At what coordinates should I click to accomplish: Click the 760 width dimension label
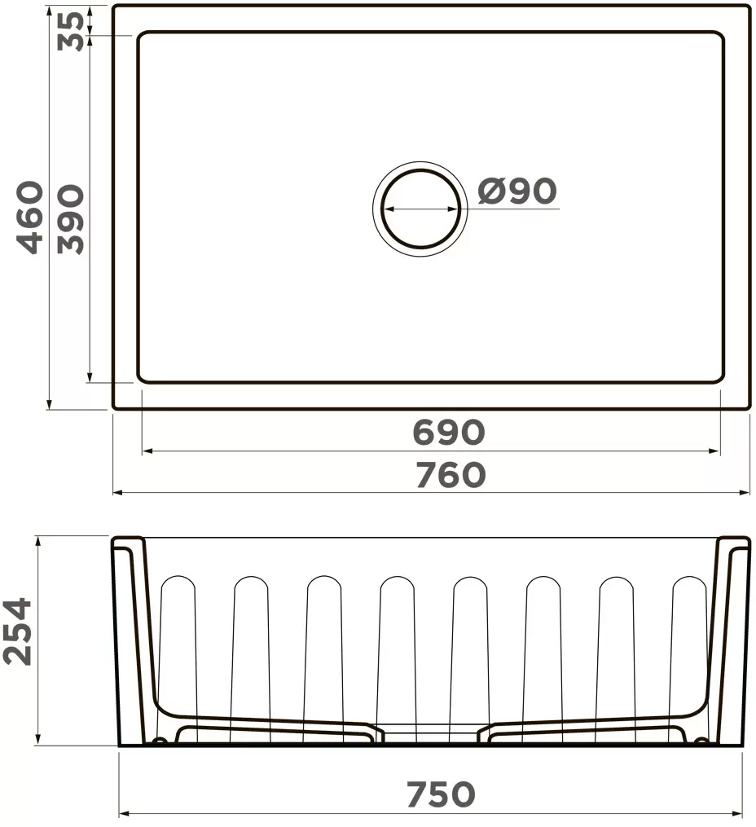tap(450, 475)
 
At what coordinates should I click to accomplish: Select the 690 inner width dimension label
tap(448, 433)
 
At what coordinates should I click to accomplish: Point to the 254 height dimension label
tap(18, 631)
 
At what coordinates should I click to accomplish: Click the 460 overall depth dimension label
tap(31, 218)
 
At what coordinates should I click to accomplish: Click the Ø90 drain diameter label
tap(517, 191)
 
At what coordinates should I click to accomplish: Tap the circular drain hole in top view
tap(420, 209)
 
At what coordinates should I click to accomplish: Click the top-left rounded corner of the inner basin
tap(142, 37)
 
